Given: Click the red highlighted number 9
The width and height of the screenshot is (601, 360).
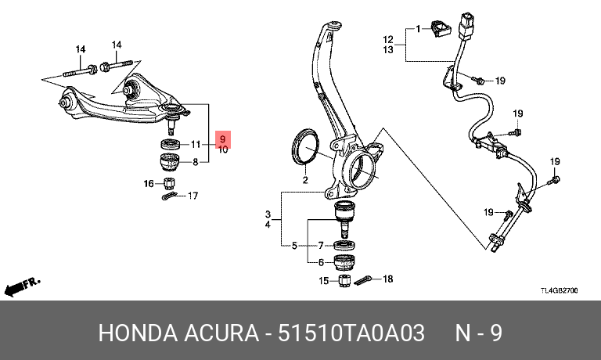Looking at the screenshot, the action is (x=223, y=139).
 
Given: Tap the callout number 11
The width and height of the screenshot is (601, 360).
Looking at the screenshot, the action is (x=196, y=144).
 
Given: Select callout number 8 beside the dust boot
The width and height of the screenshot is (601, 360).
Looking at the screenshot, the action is (x=196, y=162).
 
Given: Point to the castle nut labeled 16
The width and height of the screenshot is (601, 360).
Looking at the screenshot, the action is (x=169, y=184).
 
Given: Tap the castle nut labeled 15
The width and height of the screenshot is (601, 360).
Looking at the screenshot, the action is (x=344, y=281).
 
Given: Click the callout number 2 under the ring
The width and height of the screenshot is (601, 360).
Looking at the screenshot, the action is (x=305, y=180).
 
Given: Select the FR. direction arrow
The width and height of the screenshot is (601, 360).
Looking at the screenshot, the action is (x=21, y=286).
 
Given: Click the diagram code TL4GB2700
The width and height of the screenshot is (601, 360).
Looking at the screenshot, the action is (x=560, y=290).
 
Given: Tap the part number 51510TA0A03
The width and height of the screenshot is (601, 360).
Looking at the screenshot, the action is (x=351, y=333).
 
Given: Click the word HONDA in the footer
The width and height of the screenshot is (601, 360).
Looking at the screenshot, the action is (x=138, y=333).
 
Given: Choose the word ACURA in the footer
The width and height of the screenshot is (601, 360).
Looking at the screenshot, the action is (x=221, y=333).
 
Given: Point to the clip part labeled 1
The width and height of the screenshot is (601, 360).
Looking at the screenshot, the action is (x=440, y=29).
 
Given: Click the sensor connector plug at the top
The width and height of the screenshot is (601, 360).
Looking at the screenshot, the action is (x=466, y=27).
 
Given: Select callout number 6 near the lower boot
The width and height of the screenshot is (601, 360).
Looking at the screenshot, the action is (x=321, y=263).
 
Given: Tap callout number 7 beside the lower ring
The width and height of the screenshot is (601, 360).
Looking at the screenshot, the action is (x=321, y=245).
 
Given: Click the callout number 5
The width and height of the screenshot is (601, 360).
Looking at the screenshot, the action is (x=294, y=246).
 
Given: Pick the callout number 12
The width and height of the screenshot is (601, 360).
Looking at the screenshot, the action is (x=388, y=39).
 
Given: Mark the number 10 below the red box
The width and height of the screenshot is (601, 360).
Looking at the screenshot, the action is (x=223, y=150).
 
